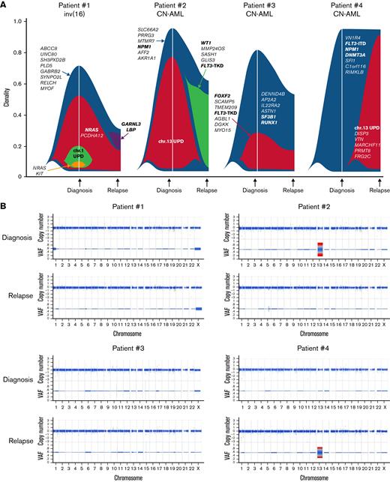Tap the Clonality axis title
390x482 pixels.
(x=6, y=97)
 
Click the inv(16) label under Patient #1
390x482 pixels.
(x=75, y=15)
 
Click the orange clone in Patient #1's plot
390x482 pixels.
(x=76, y=162)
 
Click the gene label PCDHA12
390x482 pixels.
(x=94, y=115)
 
